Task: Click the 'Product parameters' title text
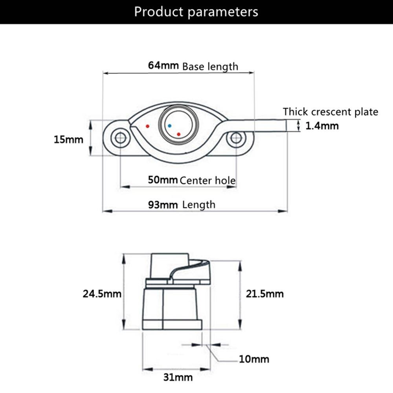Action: pyautogui.click(x=196, y=12)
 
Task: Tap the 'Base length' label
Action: pyautogui.click(x=210, y=66)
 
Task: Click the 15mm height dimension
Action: pyautogui.click(x=69, y=139)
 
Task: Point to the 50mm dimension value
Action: pyautogui.click(x=163, y=180)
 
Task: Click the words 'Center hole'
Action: pyautogui.click(x=208, y=181)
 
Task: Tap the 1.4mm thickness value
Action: pyautogui.click(x=322, y=126)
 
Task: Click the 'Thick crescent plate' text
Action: pyautogui.click(x=331, y=112)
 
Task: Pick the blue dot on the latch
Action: pyautogui.click(x=169, y=126)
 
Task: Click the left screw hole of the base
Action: pyautogui.click(x=119, y=138)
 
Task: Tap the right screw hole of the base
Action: pyautogui.click(x=235, y=138)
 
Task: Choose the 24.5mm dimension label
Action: pyautogui.click(x=102, y=294)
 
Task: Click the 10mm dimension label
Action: pyautogui.click(x=254, y=359)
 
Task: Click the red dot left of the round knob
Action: pyautogui.click(x=147, y=126)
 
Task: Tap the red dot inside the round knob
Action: pyautogui.click(x=179, y=134)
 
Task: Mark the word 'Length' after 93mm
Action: pyautogui.click(x=199, y=204)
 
